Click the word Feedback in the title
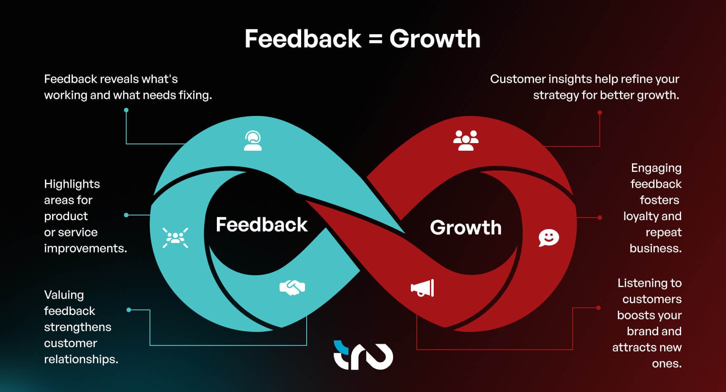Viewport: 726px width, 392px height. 303,39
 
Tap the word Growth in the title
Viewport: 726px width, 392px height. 435,39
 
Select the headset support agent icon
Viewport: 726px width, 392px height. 252,141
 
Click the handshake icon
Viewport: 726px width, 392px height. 292,287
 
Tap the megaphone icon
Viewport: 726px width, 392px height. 422,288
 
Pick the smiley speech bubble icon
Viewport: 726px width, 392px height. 549,238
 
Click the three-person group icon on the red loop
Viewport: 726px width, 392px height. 466,140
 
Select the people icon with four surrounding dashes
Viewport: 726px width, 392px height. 175,238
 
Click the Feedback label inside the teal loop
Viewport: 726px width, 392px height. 261,224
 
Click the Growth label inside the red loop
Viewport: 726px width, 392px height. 466,227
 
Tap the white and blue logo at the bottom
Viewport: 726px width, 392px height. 363,355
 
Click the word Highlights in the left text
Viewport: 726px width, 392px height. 72,184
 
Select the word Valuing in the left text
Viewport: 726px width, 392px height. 64,295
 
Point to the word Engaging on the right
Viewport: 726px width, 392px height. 656,168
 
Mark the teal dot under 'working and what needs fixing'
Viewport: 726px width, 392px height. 126,110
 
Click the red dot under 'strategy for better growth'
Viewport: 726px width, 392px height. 600,113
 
